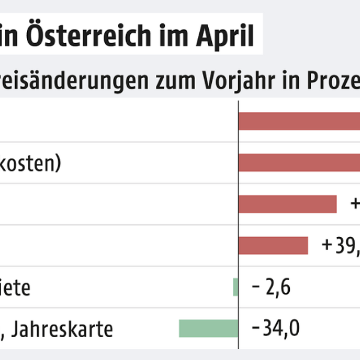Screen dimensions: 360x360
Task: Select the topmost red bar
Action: (299, 121)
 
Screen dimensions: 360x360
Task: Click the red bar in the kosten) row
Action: (299, 163)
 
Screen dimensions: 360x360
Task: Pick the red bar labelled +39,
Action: (273, 245)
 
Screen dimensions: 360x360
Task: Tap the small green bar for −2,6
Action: (236, 287)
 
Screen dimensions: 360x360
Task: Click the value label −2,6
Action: (271, 287)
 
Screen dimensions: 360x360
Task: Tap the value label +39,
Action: (340, 245)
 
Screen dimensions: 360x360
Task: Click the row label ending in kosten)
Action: (30, 163)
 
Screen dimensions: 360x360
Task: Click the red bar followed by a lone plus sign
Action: (287, 204)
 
